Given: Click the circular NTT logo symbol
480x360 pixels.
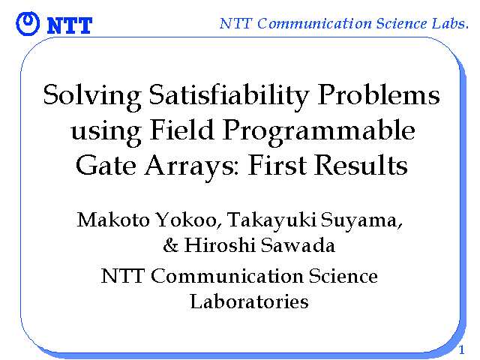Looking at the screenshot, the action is point(28,23).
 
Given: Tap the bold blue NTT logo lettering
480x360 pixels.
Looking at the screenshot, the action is point(70,25).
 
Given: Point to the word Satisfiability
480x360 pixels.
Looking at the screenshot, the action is point(229,95).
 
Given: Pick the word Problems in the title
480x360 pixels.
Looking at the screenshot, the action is point(378,94).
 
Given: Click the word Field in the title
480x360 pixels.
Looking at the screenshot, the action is point(181,130).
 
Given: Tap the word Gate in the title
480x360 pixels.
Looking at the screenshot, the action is point(106,164).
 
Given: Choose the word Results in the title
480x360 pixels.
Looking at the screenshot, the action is point(361,164).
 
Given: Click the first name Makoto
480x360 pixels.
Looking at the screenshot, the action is point(113,220).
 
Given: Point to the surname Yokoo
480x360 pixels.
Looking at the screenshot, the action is point(189,220).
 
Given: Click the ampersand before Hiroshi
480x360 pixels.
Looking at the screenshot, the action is point(170,245).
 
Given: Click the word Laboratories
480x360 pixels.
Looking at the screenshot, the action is point(249,301).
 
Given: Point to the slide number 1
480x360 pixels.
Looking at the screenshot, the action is point(462,349).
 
